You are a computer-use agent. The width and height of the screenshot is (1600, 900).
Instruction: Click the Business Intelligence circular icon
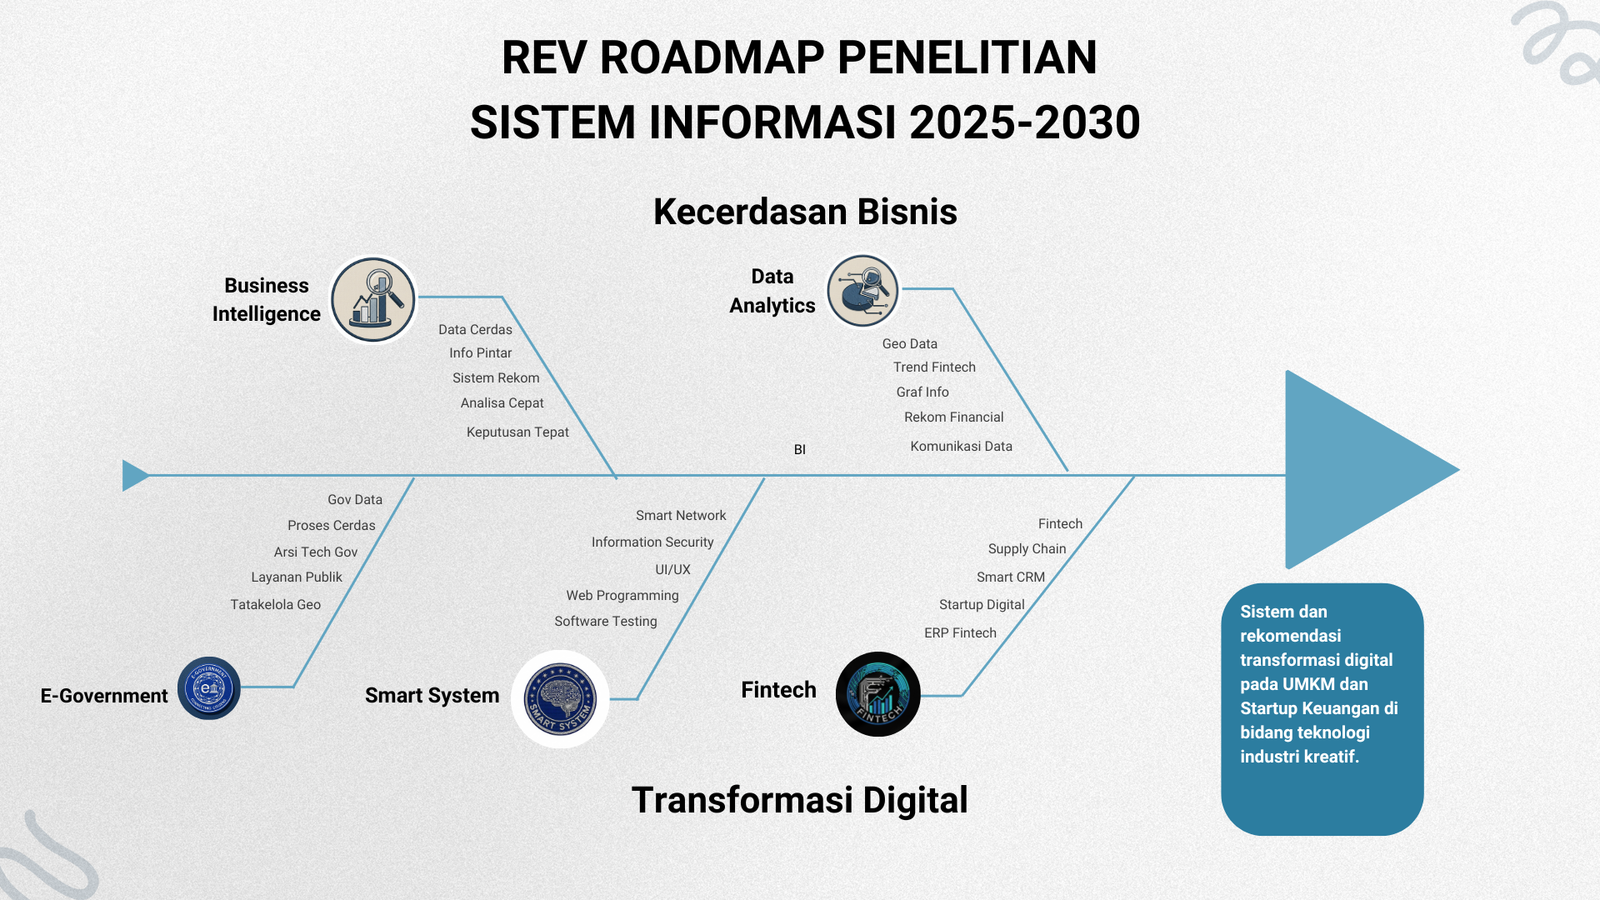click(373, 299)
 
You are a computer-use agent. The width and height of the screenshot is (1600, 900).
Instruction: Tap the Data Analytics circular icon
click(862, 291)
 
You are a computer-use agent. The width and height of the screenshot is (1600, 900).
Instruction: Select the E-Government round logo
click(209, 688)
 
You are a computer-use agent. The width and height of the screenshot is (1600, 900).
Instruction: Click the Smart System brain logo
click(560, 699)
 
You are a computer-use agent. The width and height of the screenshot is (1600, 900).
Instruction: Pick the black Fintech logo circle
click(877, 694)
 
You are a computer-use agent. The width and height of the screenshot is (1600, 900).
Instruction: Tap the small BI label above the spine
click(799, 450)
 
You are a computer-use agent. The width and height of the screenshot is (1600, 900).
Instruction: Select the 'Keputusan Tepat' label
click(517, 432)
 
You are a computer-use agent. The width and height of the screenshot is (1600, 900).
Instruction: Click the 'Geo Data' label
click(909, 343)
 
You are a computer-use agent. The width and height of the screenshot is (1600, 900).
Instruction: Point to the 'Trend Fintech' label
click(934, 367)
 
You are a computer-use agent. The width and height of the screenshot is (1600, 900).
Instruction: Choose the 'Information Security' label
click(652, 542)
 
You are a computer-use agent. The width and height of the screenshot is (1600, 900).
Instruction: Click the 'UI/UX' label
click(672, 569)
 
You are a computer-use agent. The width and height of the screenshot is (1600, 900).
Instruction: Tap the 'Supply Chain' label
click(1027, 548)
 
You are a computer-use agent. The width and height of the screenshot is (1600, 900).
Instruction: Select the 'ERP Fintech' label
click(960, 632)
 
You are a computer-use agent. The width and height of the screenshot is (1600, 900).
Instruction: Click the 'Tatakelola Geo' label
click(275, 604)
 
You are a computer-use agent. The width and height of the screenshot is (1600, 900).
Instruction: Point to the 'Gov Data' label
click(355, 499)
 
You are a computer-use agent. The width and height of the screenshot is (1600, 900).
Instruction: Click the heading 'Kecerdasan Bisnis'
click(805, 212)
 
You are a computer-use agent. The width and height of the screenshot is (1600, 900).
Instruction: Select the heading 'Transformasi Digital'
click(799, 800)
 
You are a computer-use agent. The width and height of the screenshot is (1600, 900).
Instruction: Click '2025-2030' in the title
click(1024, 122)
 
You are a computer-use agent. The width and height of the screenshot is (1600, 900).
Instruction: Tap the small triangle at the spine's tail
click(134, 475)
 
